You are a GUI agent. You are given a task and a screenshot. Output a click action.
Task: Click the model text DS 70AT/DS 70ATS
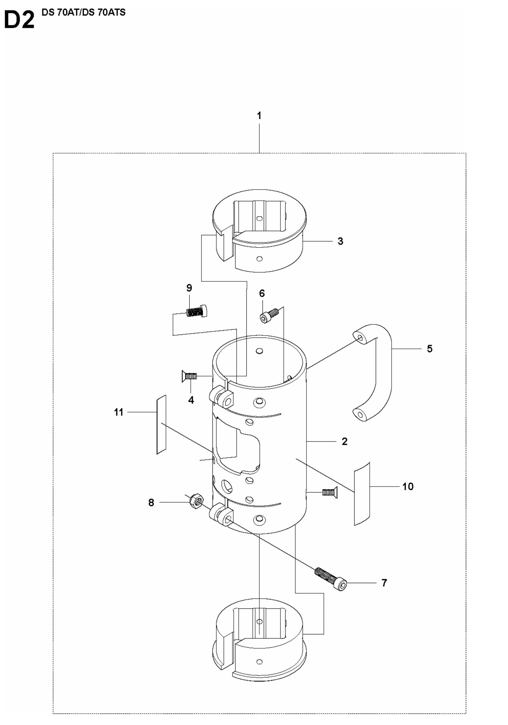point(83,12)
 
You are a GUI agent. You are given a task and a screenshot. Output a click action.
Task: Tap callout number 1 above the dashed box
point(259,116)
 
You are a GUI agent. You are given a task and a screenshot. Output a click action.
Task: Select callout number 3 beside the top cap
point(340,241)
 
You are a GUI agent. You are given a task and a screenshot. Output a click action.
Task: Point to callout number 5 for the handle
point(429,349)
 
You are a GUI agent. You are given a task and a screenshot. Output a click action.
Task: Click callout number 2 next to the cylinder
point(344,441)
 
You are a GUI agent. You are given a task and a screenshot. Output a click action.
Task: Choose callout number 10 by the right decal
point(408,487)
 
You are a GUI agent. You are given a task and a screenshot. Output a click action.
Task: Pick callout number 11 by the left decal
point(119,412)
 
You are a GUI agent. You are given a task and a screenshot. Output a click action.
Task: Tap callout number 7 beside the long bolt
point(384,583)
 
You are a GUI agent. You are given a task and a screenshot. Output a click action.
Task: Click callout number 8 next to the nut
point(151,502)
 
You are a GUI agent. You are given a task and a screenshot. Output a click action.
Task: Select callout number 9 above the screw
point(189,288)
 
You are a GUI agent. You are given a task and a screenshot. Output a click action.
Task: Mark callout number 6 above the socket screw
point(262,294)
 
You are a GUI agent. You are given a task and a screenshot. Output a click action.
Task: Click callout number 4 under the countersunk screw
point(191,400)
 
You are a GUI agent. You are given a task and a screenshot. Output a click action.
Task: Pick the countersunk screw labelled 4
point(188,376)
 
